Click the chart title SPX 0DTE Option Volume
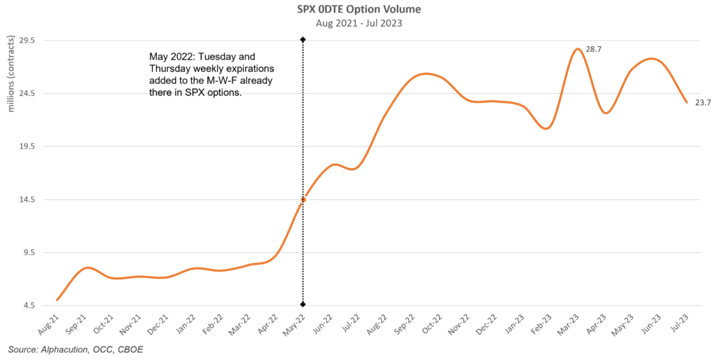(x=358, y=9)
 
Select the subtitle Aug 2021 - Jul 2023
(x=358, y=22)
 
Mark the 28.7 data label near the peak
(x=594, y=49)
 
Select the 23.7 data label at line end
(x=703, y=103)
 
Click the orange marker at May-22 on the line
(x=303, y=200)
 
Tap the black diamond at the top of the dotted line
(x=302, y=40)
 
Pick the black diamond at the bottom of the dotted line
(x=302, y=304)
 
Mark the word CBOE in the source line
(x=130, y=349)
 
